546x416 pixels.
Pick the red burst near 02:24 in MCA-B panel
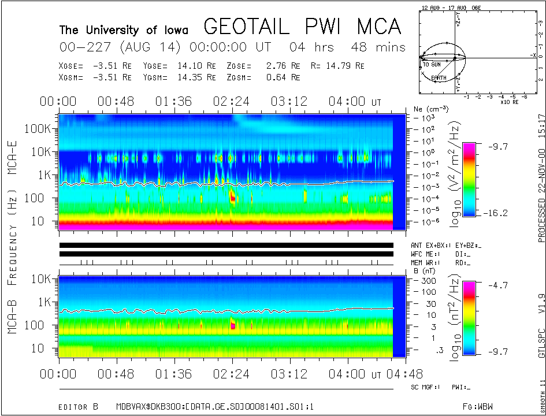233,325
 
